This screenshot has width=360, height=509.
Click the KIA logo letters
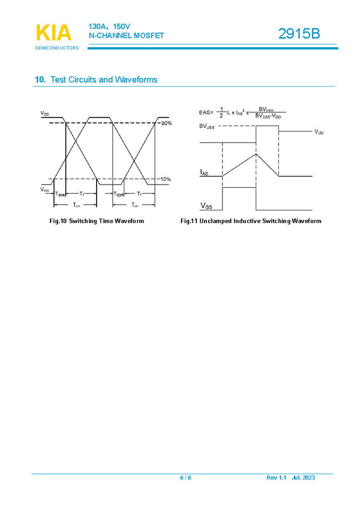tap(54, 33)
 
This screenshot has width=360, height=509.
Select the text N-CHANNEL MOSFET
tap(126, 36)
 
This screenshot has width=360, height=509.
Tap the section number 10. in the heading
tap(40, 80)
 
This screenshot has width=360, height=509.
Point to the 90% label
tap(166, 123)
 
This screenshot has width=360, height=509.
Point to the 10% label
tap(165, 179)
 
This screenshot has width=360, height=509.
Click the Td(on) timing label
tap(60, 194)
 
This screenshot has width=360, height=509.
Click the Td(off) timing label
tap(119, 194)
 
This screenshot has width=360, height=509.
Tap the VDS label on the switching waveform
tap(44, 113)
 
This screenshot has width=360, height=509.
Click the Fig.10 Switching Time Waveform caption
tap(97, 221)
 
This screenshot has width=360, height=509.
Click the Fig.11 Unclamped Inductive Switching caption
tap(251, 221)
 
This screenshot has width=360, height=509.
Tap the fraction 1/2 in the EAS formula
tap(221, 112)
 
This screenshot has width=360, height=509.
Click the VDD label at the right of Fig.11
tap(319, 132)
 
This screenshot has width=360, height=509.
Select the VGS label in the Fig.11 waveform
tap(205, 205)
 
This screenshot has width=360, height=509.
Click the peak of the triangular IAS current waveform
tap(256, 153)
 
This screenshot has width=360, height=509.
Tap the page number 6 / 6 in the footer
tap(185, 478)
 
